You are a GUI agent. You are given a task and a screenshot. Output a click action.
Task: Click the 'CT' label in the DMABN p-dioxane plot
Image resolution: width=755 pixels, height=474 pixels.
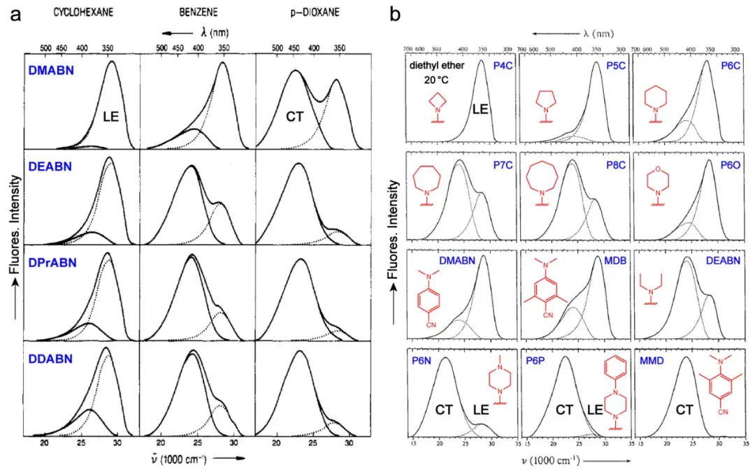pos(294,116)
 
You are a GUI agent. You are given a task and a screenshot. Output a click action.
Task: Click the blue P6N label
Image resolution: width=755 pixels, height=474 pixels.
pos(423,362)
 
